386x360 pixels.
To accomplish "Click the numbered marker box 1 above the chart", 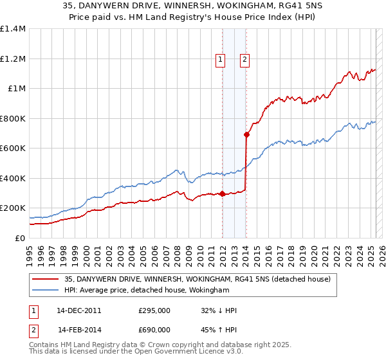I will point(221,60).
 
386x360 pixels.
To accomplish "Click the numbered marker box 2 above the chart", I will point(245,60).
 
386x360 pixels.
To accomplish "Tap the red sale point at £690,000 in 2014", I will point(246,134).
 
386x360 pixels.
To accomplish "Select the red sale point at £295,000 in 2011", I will point(222,194).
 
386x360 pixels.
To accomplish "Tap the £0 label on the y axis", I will point(21,238).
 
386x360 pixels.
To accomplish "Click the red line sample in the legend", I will point(46,279).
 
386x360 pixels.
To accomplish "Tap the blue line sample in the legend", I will point(46,291).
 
